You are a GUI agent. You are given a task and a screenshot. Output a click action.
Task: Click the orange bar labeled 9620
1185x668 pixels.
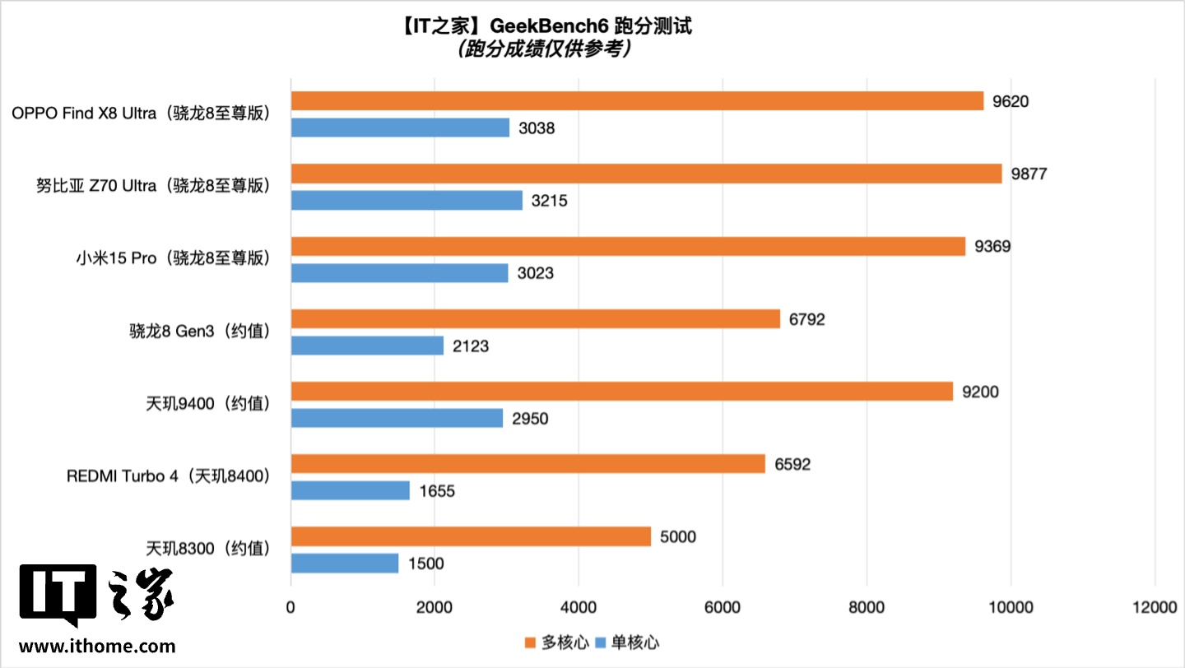pyautogui.click(x=637, y=101)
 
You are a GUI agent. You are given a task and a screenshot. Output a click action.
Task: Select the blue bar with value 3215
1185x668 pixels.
pyautogui.click(x=407, y=201)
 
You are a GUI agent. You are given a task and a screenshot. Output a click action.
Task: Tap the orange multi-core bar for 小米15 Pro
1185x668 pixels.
pyautogui.click(x=628, y=246)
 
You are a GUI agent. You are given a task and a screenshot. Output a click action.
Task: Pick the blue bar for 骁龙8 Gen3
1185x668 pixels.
pyautogui.click(x=367, y=346)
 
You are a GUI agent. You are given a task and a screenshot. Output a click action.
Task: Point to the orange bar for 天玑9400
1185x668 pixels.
pyautogui.click(x=621, y=392)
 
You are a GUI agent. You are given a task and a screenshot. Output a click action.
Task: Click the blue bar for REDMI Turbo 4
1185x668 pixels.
pyautogui.click(x=351, y=491)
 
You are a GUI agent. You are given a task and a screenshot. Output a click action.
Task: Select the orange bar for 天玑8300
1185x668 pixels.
pyautogui.click(x=471, y=537)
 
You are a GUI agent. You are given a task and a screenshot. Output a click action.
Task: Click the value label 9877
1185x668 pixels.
pyautogui.click(x=1029, y=174)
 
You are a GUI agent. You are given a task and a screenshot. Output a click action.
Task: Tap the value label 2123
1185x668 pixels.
pyautogui.click(x=470, y=346)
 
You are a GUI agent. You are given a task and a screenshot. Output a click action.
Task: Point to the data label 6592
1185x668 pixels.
pyautogui.click(x=792, y=465)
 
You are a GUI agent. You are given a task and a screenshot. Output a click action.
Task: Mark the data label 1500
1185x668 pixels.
pyautogui.click(x=425, y=564)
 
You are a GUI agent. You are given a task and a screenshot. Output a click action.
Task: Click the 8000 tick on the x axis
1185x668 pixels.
pyautogui.click(x=867, y=607)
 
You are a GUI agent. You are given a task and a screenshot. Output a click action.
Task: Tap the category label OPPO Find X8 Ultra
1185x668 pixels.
pyautogui.click(x=141, y=114)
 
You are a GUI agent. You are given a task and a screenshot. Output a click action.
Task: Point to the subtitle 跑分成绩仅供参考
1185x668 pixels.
pyautogui.click(x=544, y=49)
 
